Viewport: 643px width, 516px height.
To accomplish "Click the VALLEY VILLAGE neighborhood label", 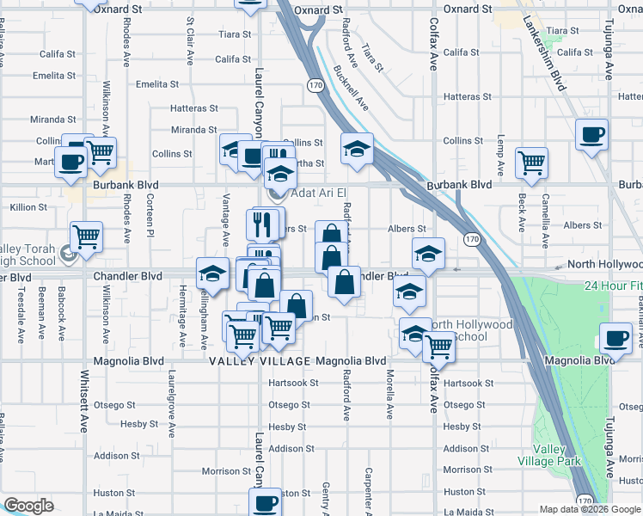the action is click(260, 362).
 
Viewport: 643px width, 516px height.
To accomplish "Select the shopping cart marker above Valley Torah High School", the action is click(85, 236).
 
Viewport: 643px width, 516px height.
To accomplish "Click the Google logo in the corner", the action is click(28, 506).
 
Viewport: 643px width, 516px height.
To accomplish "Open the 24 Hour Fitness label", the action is click(611, 286).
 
